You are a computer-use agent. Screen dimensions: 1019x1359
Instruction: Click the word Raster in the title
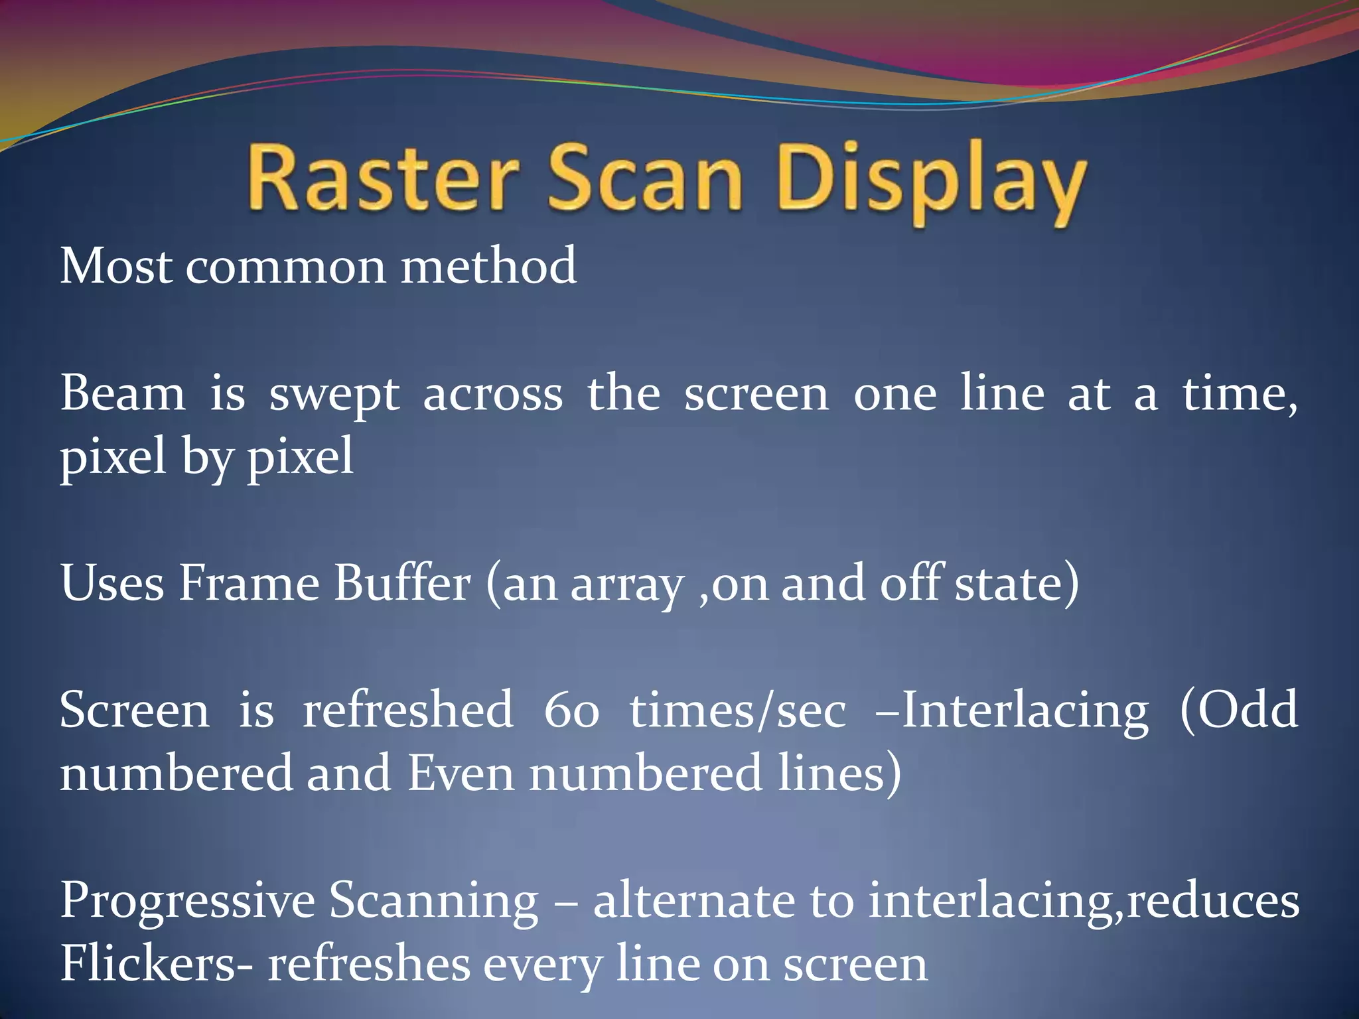(x=382, y=179)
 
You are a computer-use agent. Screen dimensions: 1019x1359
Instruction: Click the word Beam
(x=123, y=394)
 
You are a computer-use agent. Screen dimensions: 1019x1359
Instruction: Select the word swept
(x=334, y=397)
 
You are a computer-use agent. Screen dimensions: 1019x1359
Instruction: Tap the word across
(x=492, y=395)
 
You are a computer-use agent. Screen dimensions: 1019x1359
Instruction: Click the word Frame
(x=249, y=584)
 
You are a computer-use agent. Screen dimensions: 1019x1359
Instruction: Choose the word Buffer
(x=402, y=584)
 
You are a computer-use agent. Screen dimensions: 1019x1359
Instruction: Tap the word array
(x=627, y=586)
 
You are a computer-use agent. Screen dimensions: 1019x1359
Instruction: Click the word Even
(x=461, y=774)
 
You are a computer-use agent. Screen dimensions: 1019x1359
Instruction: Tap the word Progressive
(x=188, y=902)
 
